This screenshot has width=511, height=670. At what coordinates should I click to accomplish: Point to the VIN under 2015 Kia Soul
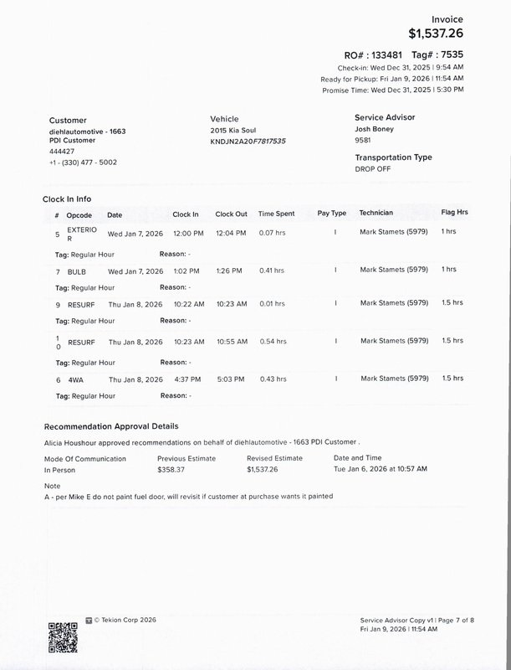(248, 142)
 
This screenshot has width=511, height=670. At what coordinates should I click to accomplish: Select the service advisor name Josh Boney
(375, 130)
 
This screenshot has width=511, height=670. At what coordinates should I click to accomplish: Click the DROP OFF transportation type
(373, 168)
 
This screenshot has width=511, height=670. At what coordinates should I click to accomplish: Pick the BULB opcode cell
(76, 270)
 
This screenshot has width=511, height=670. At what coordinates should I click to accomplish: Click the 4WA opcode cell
(75, 379)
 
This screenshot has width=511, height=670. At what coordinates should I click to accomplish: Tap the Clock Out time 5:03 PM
(230, 379)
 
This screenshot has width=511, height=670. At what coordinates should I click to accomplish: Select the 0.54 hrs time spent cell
(271, 341)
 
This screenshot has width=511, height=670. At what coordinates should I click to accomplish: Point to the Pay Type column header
(332, 214)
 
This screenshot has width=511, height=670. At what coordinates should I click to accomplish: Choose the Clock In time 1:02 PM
(186, 270)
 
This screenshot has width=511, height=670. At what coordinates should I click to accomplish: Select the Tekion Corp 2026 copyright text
(125, 620)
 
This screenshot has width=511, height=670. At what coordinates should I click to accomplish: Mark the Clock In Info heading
(68, 198)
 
